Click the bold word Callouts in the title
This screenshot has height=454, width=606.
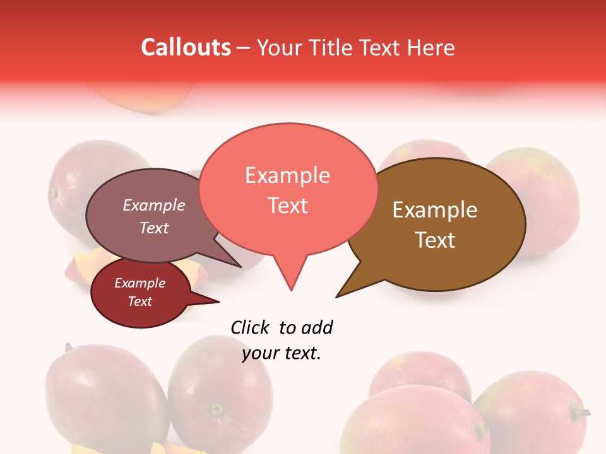pyautogui.click(x=186, y=47)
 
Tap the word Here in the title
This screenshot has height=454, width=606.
pyautogui.click(x=431, y=47)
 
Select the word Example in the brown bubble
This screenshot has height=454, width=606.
pyautogui.click(x=435, y=210)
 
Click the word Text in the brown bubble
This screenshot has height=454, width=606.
pyautogui.click(x=435, y=240)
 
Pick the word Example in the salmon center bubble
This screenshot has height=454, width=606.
pyautogui.click(x=287, y=175)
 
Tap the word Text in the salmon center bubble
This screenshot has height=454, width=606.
pyautogui.click(x=287, y=206)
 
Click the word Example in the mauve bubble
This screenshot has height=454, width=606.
pyautogui.click(x=154, y=205)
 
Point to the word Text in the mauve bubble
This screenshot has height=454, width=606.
pyautogui.click(x=154, y=228)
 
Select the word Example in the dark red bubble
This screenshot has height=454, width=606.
pyautogui.click(x=140, y=283)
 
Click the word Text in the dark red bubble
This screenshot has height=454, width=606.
pyautogui.click(x=140, y=301)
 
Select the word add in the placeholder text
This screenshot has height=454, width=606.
pyautogui.click(x=317, y=327)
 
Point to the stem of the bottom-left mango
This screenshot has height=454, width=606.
pyautogui.click(x=68, y=347)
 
